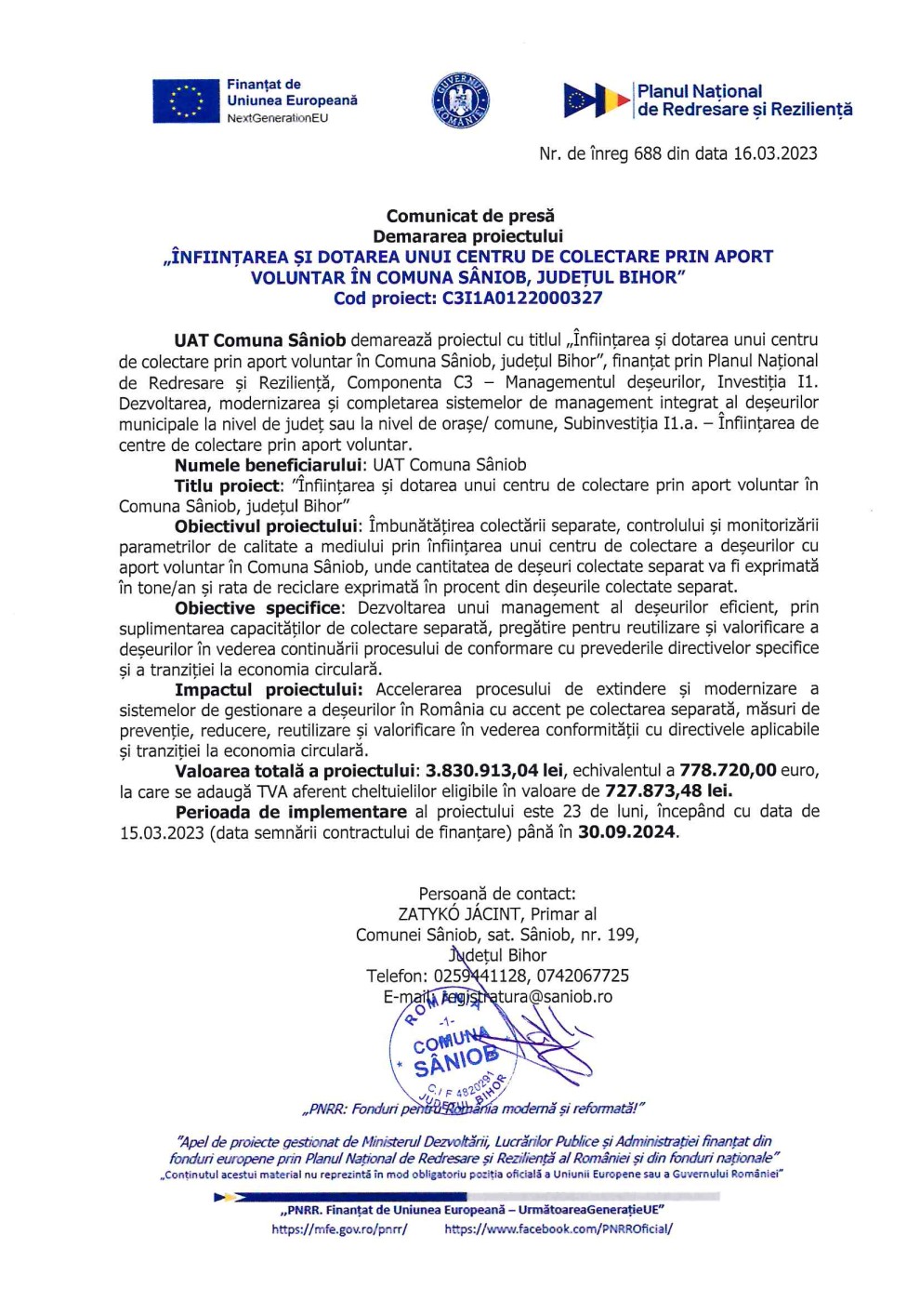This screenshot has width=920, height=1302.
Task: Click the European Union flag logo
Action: pos(187,101)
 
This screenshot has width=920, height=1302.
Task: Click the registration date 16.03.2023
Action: pos(775,153)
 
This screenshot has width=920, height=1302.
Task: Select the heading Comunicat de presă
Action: pos(469,216)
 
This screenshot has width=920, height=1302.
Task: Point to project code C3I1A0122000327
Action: pos(522,299)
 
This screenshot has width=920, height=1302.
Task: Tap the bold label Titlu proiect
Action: pos(227,485)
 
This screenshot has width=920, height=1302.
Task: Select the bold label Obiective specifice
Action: pos(257,608)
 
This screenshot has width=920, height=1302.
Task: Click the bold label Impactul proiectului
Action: pos(268,690)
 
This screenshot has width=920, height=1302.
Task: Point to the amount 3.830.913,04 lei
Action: pos(494,771)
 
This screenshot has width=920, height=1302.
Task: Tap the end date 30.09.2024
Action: pos(626,832)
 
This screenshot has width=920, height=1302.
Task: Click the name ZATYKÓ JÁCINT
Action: pos(459,914)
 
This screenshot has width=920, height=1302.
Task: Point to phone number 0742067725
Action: pos(583,976)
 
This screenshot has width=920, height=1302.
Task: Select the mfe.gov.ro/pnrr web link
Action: pos(339,1229)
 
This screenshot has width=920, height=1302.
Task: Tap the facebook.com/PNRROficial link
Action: pos(559,1229)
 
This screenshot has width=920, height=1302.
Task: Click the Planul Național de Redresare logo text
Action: pos(743,100)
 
